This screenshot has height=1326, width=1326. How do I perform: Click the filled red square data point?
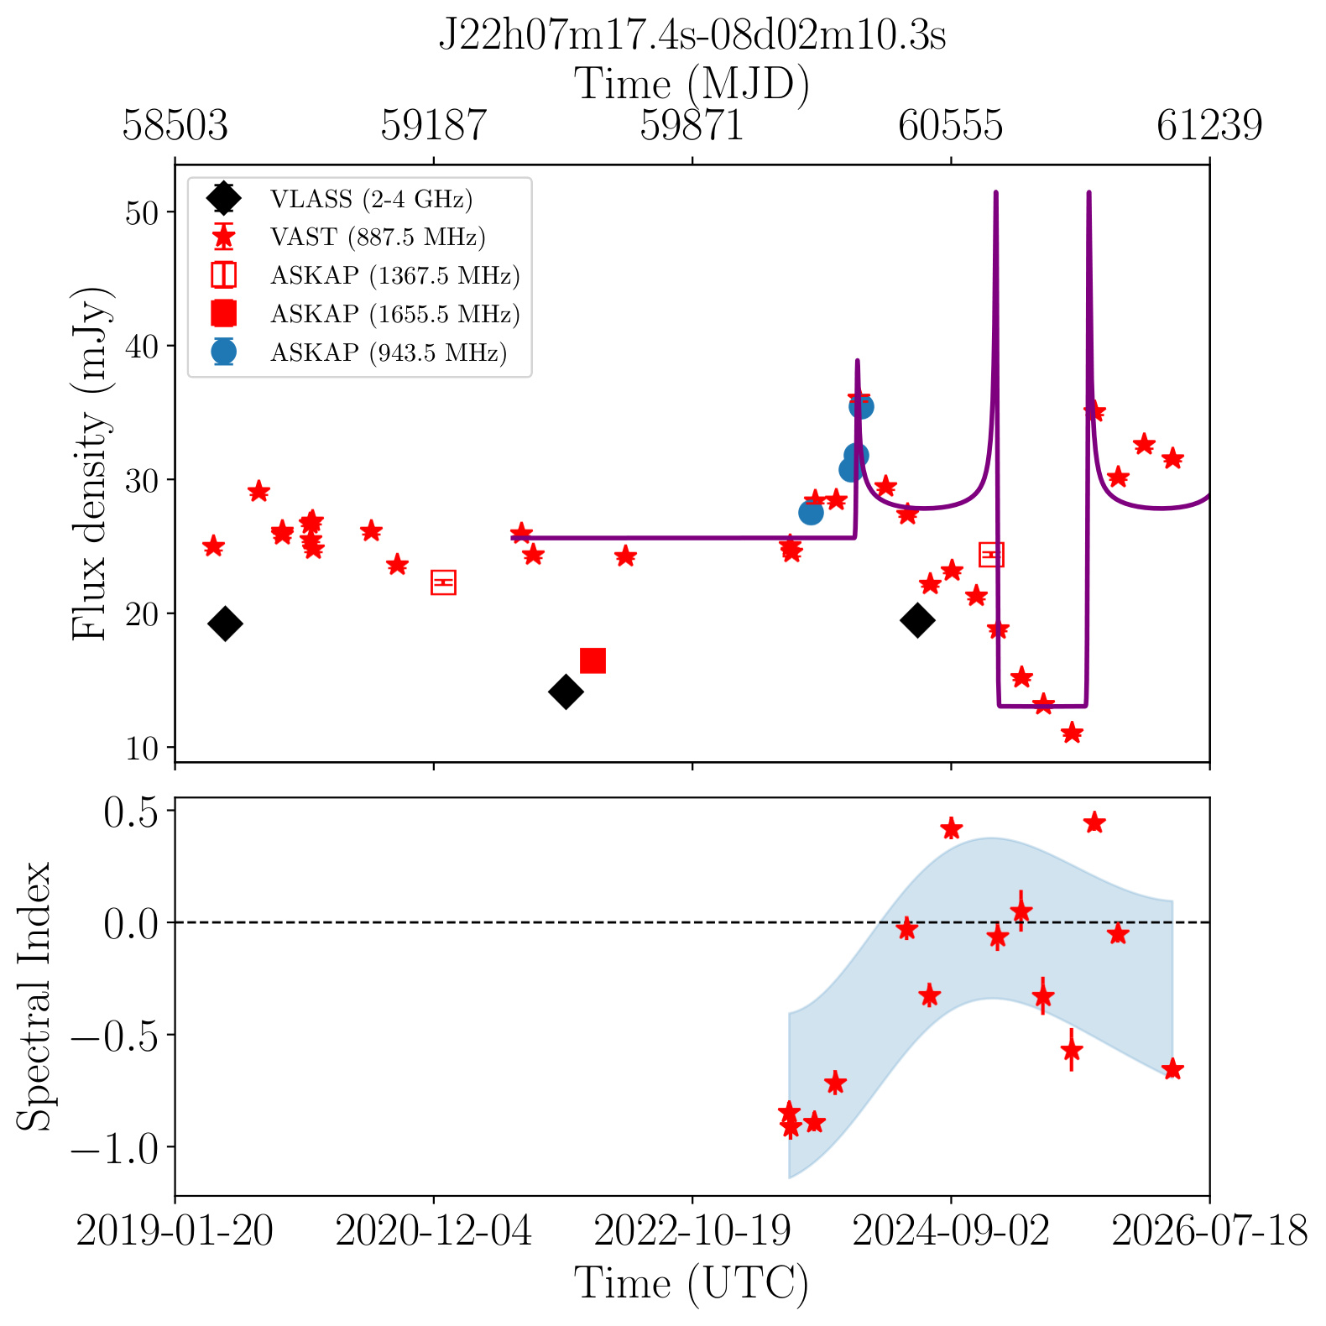593,660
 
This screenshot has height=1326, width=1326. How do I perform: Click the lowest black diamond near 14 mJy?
566,692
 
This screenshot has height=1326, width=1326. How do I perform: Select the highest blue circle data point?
861,407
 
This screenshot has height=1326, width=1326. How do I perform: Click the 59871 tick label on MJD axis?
692,126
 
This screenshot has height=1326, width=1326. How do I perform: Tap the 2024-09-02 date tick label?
951,1232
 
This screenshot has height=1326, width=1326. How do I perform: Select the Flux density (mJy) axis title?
90,463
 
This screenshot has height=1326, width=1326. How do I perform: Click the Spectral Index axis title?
34,996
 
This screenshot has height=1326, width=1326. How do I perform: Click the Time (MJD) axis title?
692,85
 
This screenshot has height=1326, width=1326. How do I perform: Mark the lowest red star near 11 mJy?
1072,733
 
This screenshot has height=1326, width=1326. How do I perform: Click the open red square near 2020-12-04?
443,582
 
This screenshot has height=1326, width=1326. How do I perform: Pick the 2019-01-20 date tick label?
175,1232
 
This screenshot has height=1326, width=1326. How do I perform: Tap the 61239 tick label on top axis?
1209,126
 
